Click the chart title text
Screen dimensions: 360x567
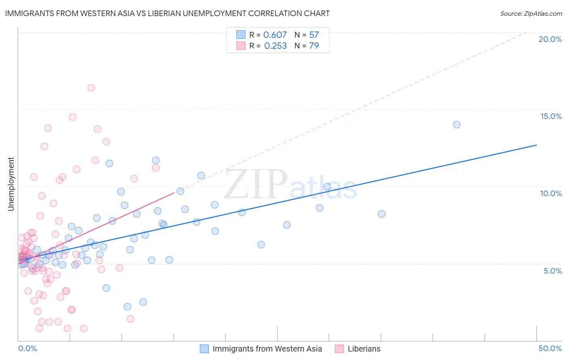pyautogui.click(x=167, y=13)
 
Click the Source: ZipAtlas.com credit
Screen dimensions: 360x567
pyautogui.click(x=531, y=13)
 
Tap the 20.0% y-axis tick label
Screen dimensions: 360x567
pyautogui.click(x=550, y=39)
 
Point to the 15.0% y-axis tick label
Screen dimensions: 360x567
pyautogui.click(x=551, y=116)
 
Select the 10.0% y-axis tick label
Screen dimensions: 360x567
pyautogui.click(x=551, y=193)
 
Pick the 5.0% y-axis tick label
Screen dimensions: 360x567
pyautogui.click(x=552, y=271)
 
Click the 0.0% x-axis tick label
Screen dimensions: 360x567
pyautogui.click(x=27, y=348)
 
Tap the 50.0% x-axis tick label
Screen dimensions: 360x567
pyautogui.click(x=550, y=348)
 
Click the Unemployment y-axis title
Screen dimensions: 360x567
pyautogui.click(x=11, y=184)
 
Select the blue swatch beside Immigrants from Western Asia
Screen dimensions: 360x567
pyautogui.click(x=204, y=349)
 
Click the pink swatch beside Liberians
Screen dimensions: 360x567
pyautogui.click(x=340, y=349)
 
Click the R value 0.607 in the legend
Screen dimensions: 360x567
pyautogui.click(x=275, y=35)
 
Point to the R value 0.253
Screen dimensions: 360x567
pyautogui.click(x=275, y=46)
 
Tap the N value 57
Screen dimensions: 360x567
pyautogui.click(x=314, y=35)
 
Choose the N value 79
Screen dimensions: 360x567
pyautogui.click(x=314, y=46)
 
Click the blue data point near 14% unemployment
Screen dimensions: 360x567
pyautogui.click(x=457, y=125)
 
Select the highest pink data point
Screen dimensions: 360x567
pyautogui.click(x=91, y=88)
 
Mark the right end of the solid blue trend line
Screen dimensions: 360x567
pyautogui.click(x=536, y=145)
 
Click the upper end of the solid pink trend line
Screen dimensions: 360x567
pyautogui.click(x=174, y=193)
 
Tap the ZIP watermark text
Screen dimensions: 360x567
pyautogui.click(x=256, y=184)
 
